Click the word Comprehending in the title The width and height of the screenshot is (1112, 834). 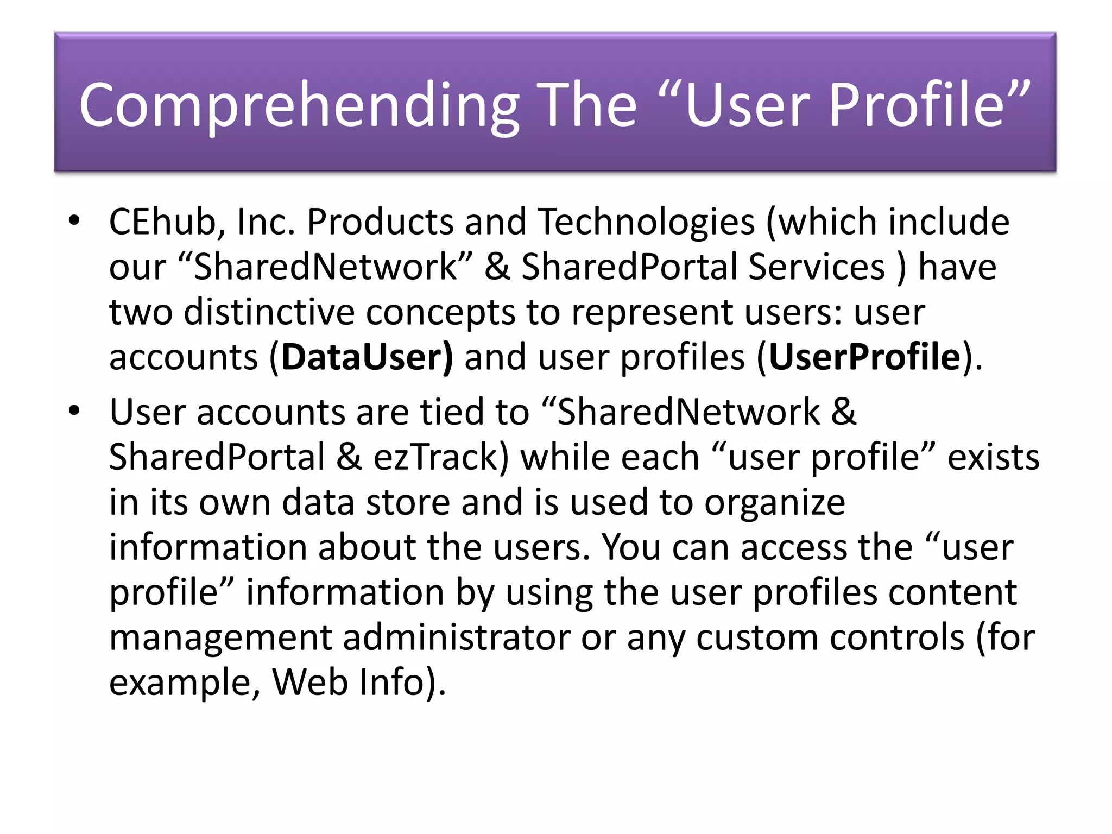coord(299,104)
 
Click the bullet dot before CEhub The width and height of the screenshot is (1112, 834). coord(74,220)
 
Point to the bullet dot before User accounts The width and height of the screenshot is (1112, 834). coord(74,411)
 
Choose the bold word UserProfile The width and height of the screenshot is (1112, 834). coord(864,357)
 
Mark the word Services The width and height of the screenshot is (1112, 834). coord(817,267)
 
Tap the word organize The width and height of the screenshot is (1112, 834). coord(775,502)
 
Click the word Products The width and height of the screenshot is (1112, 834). coord(380,222)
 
